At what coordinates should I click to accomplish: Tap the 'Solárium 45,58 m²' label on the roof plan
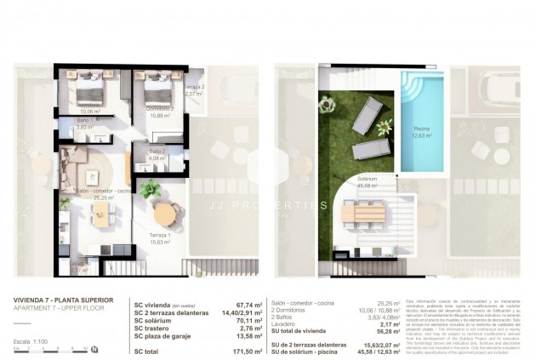pyautogui.click(x=368, y=182)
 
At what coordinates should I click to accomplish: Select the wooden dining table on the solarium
pyautogui.click(x=368, y=209)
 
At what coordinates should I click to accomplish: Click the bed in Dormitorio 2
pyautogui.click(x=157, y=87)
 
